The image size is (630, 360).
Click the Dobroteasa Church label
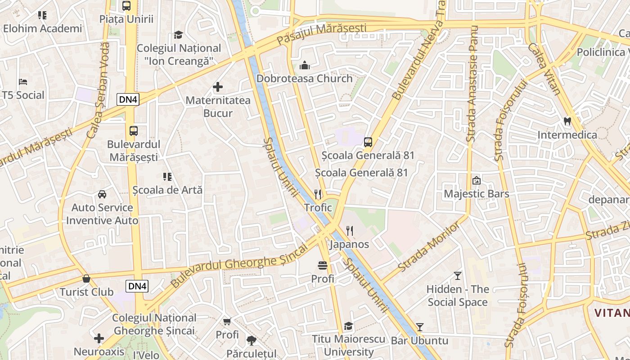(x=305, y=79)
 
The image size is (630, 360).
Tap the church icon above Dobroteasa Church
(x=305, y=66)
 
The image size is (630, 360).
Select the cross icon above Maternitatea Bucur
(x=218, y=87)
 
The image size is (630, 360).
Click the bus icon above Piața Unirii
(x=126, y=6)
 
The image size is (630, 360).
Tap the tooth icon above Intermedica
(x=567, y=121)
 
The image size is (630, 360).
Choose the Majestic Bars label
(x=477, y=194)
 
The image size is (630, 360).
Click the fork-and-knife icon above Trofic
(x=318, y=194)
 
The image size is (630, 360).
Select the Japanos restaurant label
(x=349, y=244)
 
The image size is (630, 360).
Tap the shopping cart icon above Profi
(x=227, y=321)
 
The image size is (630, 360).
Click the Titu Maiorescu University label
(x=349, y=345)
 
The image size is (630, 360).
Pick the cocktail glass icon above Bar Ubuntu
(x=420, y=327)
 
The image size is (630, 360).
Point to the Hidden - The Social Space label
(x=458, y=296)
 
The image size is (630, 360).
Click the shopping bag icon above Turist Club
(x=86, y=279)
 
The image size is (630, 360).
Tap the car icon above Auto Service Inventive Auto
(x=102, y=194)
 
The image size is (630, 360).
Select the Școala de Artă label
(x=167, y=190)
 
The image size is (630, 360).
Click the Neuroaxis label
(x=99, y=351)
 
